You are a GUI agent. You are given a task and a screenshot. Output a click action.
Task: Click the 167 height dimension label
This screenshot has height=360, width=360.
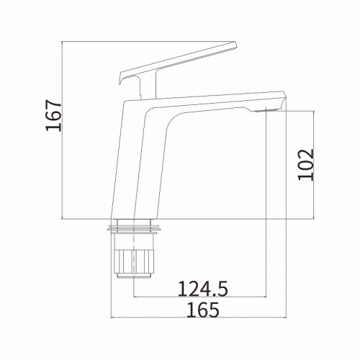click(x=53, y=116)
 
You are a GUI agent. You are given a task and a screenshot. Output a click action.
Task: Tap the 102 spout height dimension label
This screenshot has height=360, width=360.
click(x=306, y=165)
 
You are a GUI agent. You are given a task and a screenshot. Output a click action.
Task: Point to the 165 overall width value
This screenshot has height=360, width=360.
click(x=203, y=310)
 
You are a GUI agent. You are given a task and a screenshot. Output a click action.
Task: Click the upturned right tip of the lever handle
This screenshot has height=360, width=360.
click(x=235, y=45)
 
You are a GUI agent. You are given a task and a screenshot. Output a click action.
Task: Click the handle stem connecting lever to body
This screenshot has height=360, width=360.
click(x=148, y=84)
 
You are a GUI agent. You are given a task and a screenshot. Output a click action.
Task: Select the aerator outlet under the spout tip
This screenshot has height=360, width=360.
click(x=266, y=110)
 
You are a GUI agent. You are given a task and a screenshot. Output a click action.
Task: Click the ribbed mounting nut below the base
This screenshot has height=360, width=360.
click(x=134, y=261)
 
